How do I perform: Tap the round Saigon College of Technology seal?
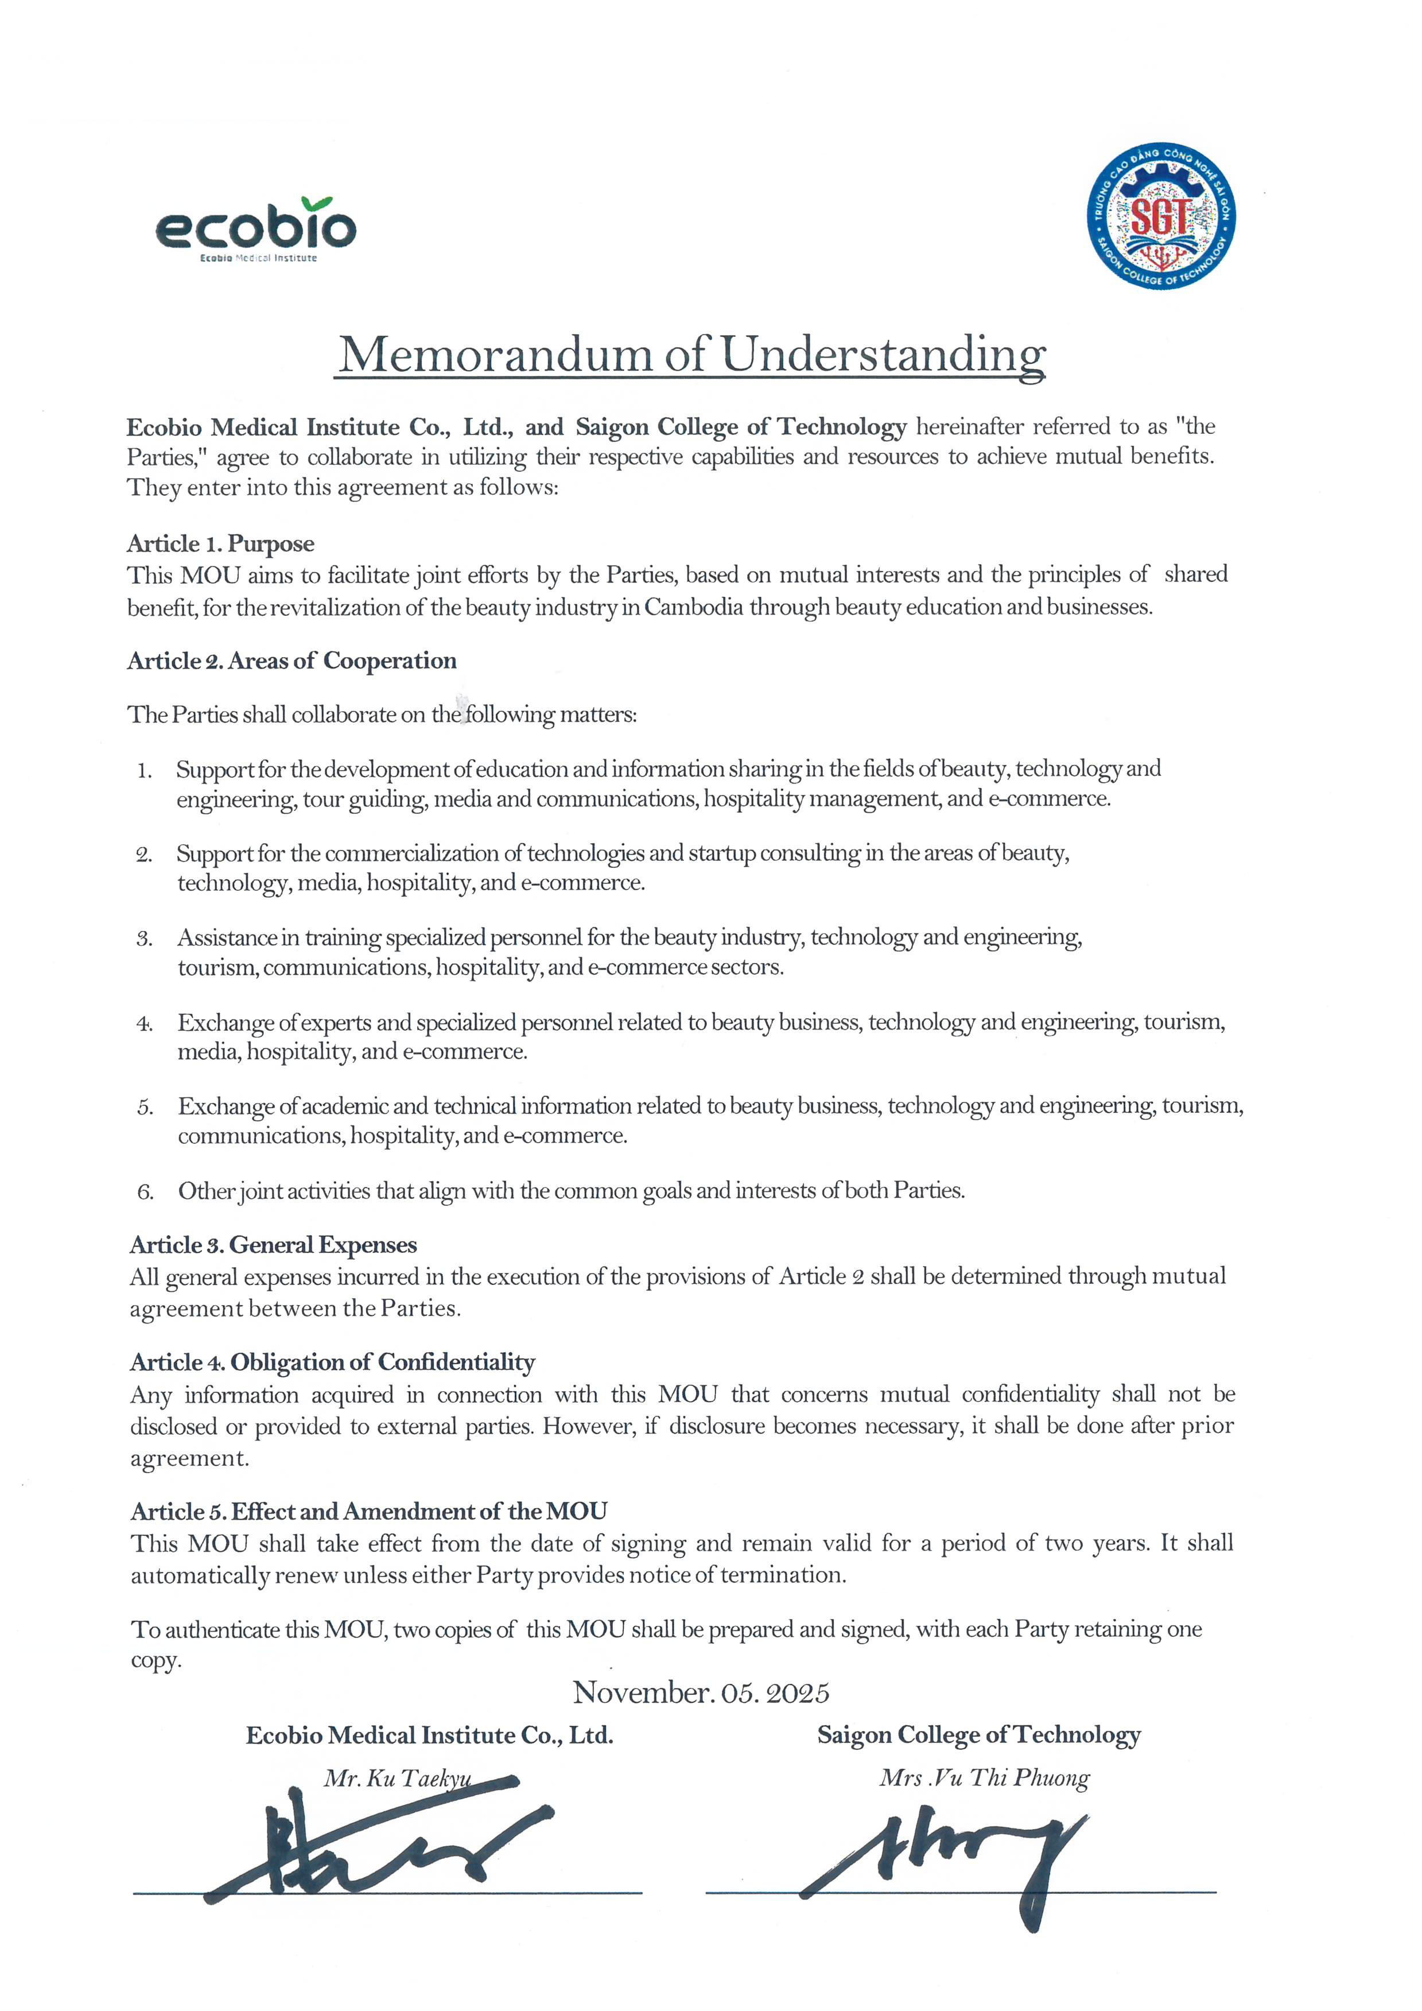tap(1161, 216)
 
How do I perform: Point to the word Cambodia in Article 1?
tap(693, 607)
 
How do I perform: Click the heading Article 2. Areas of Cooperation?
tap(292, 661)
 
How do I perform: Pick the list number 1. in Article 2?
tap(145, 771)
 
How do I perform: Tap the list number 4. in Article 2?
tap(145, 1023)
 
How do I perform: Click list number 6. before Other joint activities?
tap(145, 1192)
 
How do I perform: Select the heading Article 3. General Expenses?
tap(273, 1245)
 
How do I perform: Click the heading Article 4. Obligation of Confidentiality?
tap(333, 1362)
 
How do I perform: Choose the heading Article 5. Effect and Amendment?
tap(368, 1511)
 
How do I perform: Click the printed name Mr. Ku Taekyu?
tap(398, 1778)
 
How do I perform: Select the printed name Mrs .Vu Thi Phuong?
tap(984, 1777)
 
